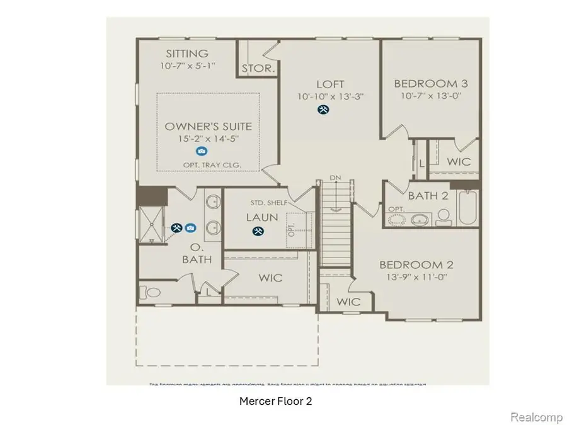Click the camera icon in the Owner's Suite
tap(201, 151)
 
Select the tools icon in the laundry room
tap(258, 231)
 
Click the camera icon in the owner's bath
tap(190, 227)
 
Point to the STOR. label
tap(258, 69)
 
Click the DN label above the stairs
tap(336, 178)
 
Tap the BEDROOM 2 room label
tap(415, 265)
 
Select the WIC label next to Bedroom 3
tap(458, 162)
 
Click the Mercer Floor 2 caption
tap(275, 400)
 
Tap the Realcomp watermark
tap(532, 417)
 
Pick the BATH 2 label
tap(428, 196)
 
